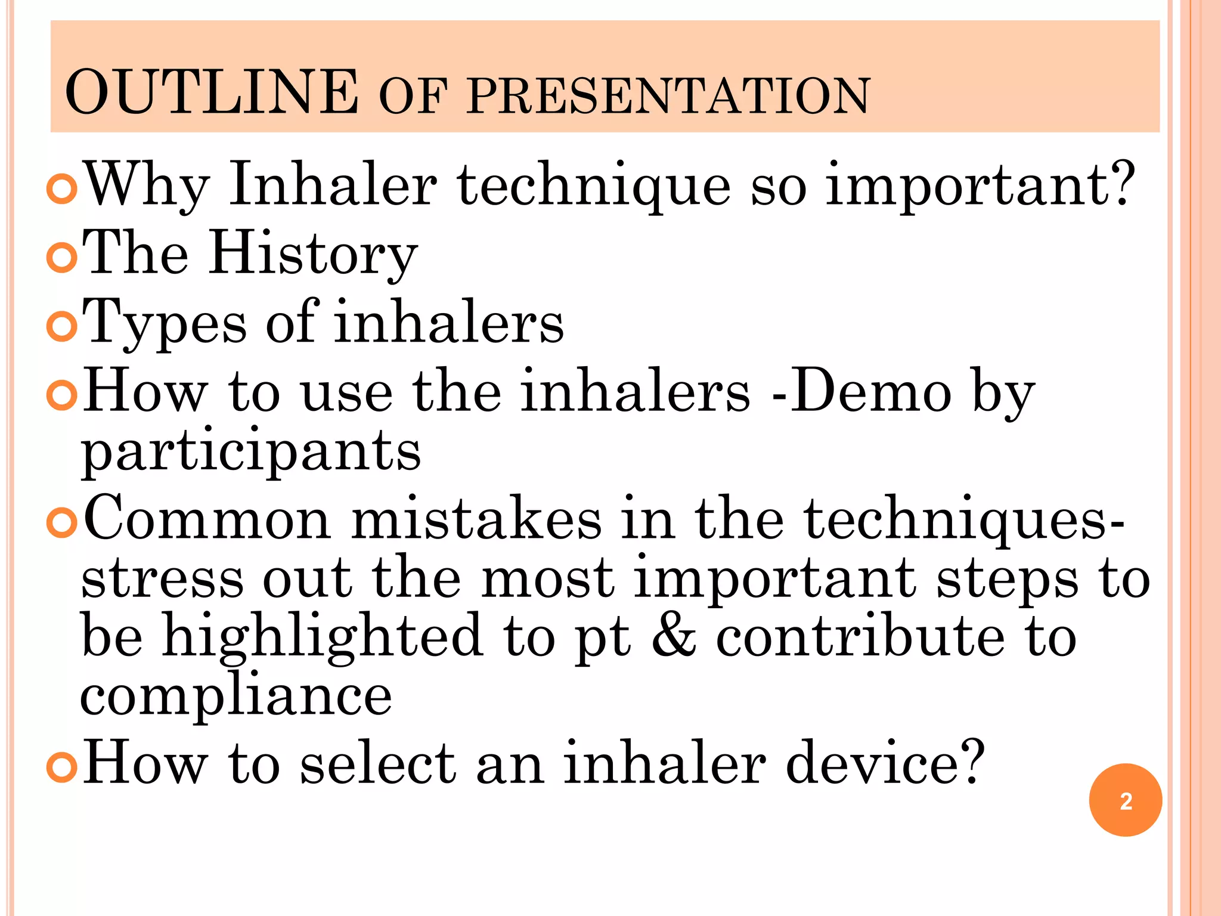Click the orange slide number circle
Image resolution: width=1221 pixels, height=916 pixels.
[x=1125, y=800]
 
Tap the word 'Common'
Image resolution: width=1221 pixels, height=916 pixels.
[x=206, y=519]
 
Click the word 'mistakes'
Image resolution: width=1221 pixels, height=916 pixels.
[x=476, y=519]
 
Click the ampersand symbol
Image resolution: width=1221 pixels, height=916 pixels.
[x=674, y=636]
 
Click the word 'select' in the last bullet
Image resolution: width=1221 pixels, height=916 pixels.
[x=378, y=763]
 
